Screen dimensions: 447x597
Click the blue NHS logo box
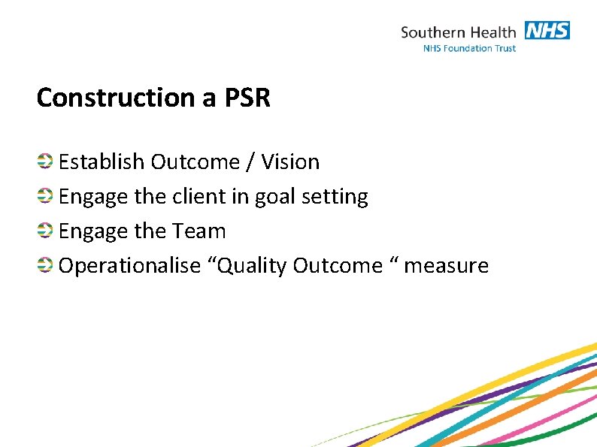tap(547, 31)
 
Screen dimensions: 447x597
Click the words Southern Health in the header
tap(458, 32)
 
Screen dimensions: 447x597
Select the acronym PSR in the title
tap(247, 98)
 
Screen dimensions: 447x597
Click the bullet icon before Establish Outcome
tap(45, 161)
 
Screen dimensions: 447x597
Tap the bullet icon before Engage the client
tap(45, 195)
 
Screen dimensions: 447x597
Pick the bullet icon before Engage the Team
tap(45, 230)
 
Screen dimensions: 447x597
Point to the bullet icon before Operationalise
tap(45, 264)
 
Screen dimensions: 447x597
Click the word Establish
tap(102, 162)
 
